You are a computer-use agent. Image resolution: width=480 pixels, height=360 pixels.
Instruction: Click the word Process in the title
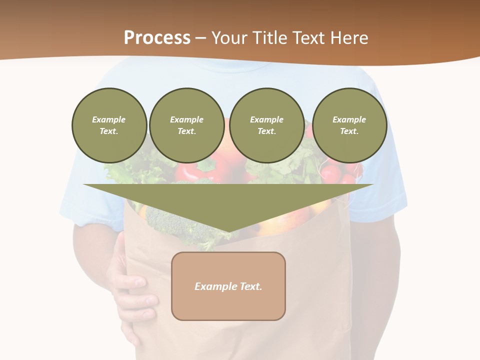pos(157,37)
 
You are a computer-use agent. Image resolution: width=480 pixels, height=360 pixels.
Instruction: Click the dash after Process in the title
pos(201,38)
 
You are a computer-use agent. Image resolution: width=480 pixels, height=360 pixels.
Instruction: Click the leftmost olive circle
pos(109,125)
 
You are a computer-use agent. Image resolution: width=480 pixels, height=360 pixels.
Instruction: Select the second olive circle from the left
pos(186,125)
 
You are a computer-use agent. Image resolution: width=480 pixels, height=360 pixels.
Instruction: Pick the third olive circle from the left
pos(266,125)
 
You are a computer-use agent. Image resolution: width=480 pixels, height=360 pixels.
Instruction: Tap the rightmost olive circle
pos(349,125)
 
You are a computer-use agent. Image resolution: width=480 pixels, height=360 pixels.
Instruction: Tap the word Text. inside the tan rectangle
pos(251,286)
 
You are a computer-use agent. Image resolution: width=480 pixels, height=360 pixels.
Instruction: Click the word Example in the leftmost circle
pos(109,119)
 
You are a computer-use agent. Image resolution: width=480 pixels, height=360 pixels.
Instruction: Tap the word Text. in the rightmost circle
pos(349,131)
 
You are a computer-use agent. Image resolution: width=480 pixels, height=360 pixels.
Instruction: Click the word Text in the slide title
pos(310,37)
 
